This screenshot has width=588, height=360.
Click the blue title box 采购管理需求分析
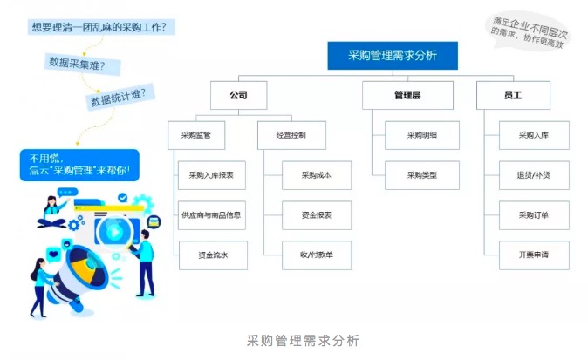coord(393,56)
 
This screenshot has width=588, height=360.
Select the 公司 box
coord(238,95)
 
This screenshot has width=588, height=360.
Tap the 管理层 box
coord(407,95)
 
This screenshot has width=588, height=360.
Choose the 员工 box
coord(513,95)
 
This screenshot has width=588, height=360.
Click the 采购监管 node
coord(196,135)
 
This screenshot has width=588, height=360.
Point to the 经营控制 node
coord(291,135)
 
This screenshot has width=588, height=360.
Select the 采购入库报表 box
coord(211,175)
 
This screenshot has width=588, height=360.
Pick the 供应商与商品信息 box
coord(211,215)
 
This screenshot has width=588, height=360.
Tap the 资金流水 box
coord(213,255)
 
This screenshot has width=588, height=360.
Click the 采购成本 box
coord(317,175)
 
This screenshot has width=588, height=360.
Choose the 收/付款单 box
coord(317,255)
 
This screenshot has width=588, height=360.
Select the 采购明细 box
coord(422,135)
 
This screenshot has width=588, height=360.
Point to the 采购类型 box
coord(422,175)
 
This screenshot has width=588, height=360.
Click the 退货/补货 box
coord(534,175)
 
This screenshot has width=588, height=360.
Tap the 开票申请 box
coord(534,255)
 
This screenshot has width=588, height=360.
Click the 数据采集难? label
coord(78,63)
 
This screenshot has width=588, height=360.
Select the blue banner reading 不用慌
coord(79,165)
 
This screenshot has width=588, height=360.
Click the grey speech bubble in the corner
coord(528,32)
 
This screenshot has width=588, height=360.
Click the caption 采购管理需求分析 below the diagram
coord(303,341)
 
